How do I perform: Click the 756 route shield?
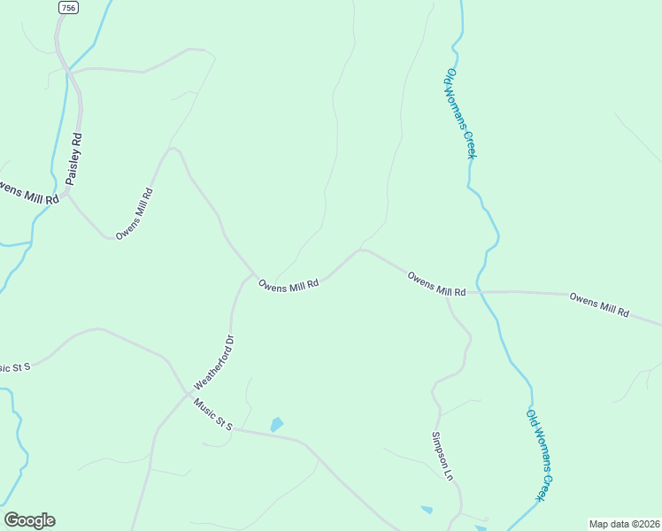click(x=67, y=7)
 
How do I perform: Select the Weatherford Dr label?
click(x=213, y=361)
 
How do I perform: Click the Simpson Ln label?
click(x=443, y=456)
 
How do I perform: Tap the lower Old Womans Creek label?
click(x=541, y=455)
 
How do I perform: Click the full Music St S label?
click(x=212, y=414)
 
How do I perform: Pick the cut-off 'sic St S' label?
click(x=15, y=366)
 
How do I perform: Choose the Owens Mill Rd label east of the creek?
click(x=599, y=305)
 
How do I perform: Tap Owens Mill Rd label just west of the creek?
click(x=436, y=285)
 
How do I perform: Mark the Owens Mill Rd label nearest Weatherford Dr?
click(x=289, y=284)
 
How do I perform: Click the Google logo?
click(x=29, y=520)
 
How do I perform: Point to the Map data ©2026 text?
click(x=624, y=524)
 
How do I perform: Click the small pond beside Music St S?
click(x=277, y=425)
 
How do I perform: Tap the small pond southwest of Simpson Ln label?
click(x=427, y=510)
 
